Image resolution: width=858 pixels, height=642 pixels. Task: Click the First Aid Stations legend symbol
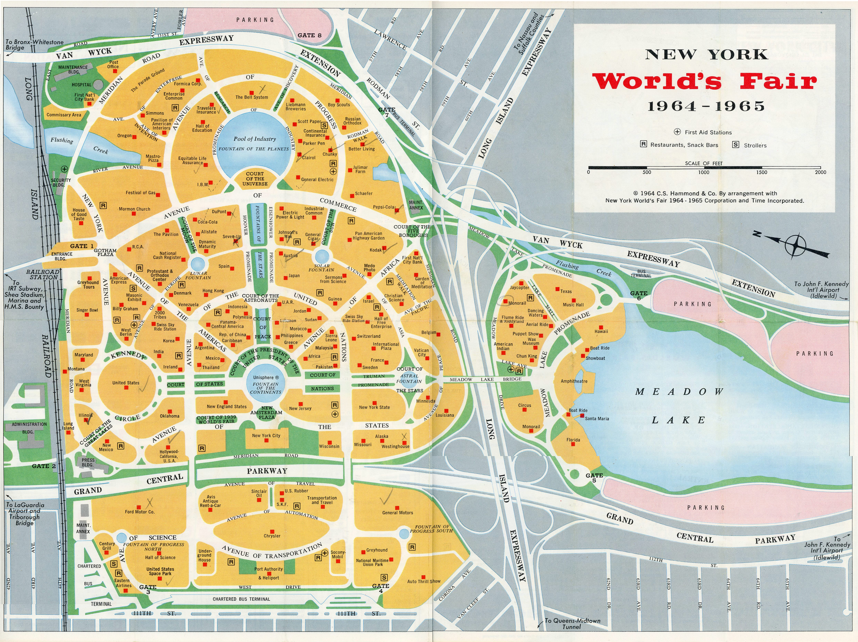[x=677, y=132]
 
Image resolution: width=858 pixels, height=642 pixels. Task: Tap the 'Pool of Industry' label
[x=254, y=139]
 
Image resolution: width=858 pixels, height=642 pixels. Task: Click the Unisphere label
[x=266, y=377]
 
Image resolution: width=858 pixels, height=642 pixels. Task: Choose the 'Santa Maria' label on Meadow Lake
[x=597, y=419]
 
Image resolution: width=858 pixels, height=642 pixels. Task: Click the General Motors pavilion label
[x=398, y=512]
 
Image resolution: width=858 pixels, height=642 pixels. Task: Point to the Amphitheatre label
[x=574, y=381]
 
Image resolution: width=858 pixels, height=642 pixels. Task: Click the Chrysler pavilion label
[x=272, y=536]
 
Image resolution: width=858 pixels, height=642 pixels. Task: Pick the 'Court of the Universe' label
[x=255, y=179]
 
